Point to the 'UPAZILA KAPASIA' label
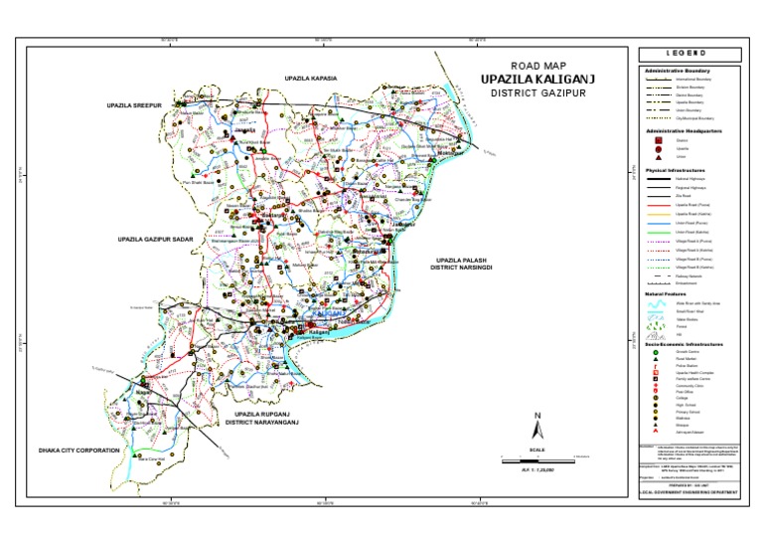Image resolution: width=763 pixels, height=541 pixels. [x=311, y=78]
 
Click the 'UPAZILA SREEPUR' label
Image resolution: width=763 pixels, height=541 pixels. [x=135, y=102]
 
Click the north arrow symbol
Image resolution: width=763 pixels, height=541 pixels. [x=535, y=429]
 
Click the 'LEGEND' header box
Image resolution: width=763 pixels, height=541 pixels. [x=687, y=53]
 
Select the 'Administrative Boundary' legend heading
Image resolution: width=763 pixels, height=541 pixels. [x=679, y=72]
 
